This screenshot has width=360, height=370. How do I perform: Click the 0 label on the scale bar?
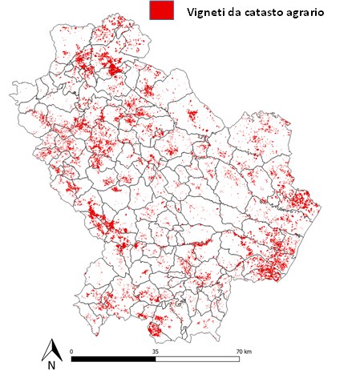pyautogui.click(x=72, y=351)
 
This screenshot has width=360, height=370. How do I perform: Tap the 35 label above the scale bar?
pyautogui.click(x=155, y=351)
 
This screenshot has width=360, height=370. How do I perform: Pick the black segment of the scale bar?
pyautogui.click(x=113, y=358)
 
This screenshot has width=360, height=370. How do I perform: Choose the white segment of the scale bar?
pyautogui.click(x=196, y=358)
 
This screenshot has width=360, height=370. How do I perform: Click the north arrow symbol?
pyautogui.click(x=52, y=349)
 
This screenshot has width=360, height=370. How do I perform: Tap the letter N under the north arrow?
pyautogui.click(x=51, y=364)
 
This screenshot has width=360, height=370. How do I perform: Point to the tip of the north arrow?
pyautogui.click(x=52, y=340)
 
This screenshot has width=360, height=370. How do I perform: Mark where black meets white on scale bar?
pyautogui.click(x=155, y=358)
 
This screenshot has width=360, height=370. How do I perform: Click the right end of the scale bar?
pyautogui.click(x=238, y=358)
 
